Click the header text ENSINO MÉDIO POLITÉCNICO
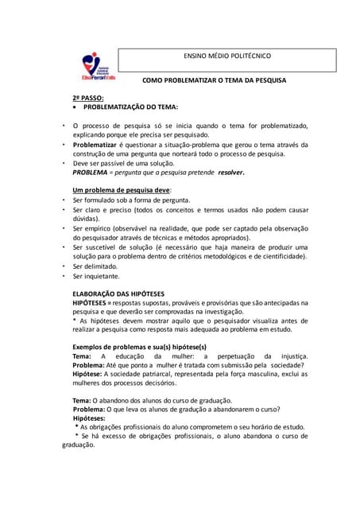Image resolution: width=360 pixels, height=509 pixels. point(226,56)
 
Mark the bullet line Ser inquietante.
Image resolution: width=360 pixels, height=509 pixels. point(97,276)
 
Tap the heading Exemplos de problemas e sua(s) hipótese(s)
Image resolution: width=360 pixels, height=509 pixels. point(139,347)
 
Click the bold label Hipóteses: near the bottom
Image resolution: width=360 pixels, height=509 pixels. point(89,418)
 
